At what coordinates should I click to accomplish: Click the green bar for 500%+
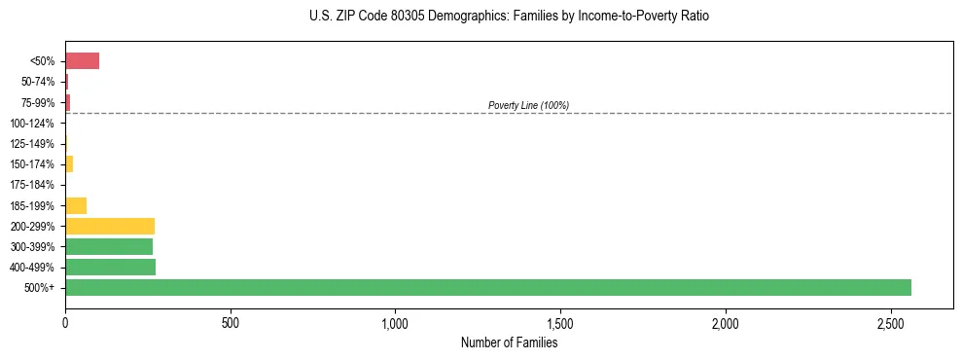pos(487,287)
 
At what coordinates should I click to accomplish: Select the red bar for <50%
pos(82,60)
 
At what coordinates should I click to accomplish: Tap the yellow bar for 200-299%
pos(110,226)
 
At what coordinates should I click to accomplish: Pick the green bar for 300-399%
pos(109,246)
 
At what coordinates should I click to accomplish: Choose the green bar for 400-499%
pos(110,267)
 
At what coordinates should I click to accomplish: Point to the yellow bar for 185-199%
pos(76,205)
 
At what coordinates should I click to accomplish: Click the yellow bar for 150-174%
pos(69,163)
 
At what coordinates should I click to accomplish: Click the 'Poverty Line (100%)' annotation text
pos(528,105)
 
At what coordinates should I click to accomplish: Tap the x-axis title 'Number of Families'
pos(509,342)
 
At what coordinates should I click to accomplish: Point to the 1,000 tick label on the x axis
pos(395,322)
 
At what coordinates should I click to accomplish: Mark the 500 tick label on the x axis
pos(231,322)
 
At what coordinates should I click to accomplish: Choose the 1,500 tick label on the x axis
pos(560,322)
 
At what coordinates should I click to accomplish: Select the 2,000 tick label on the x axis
pos(726,322)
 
